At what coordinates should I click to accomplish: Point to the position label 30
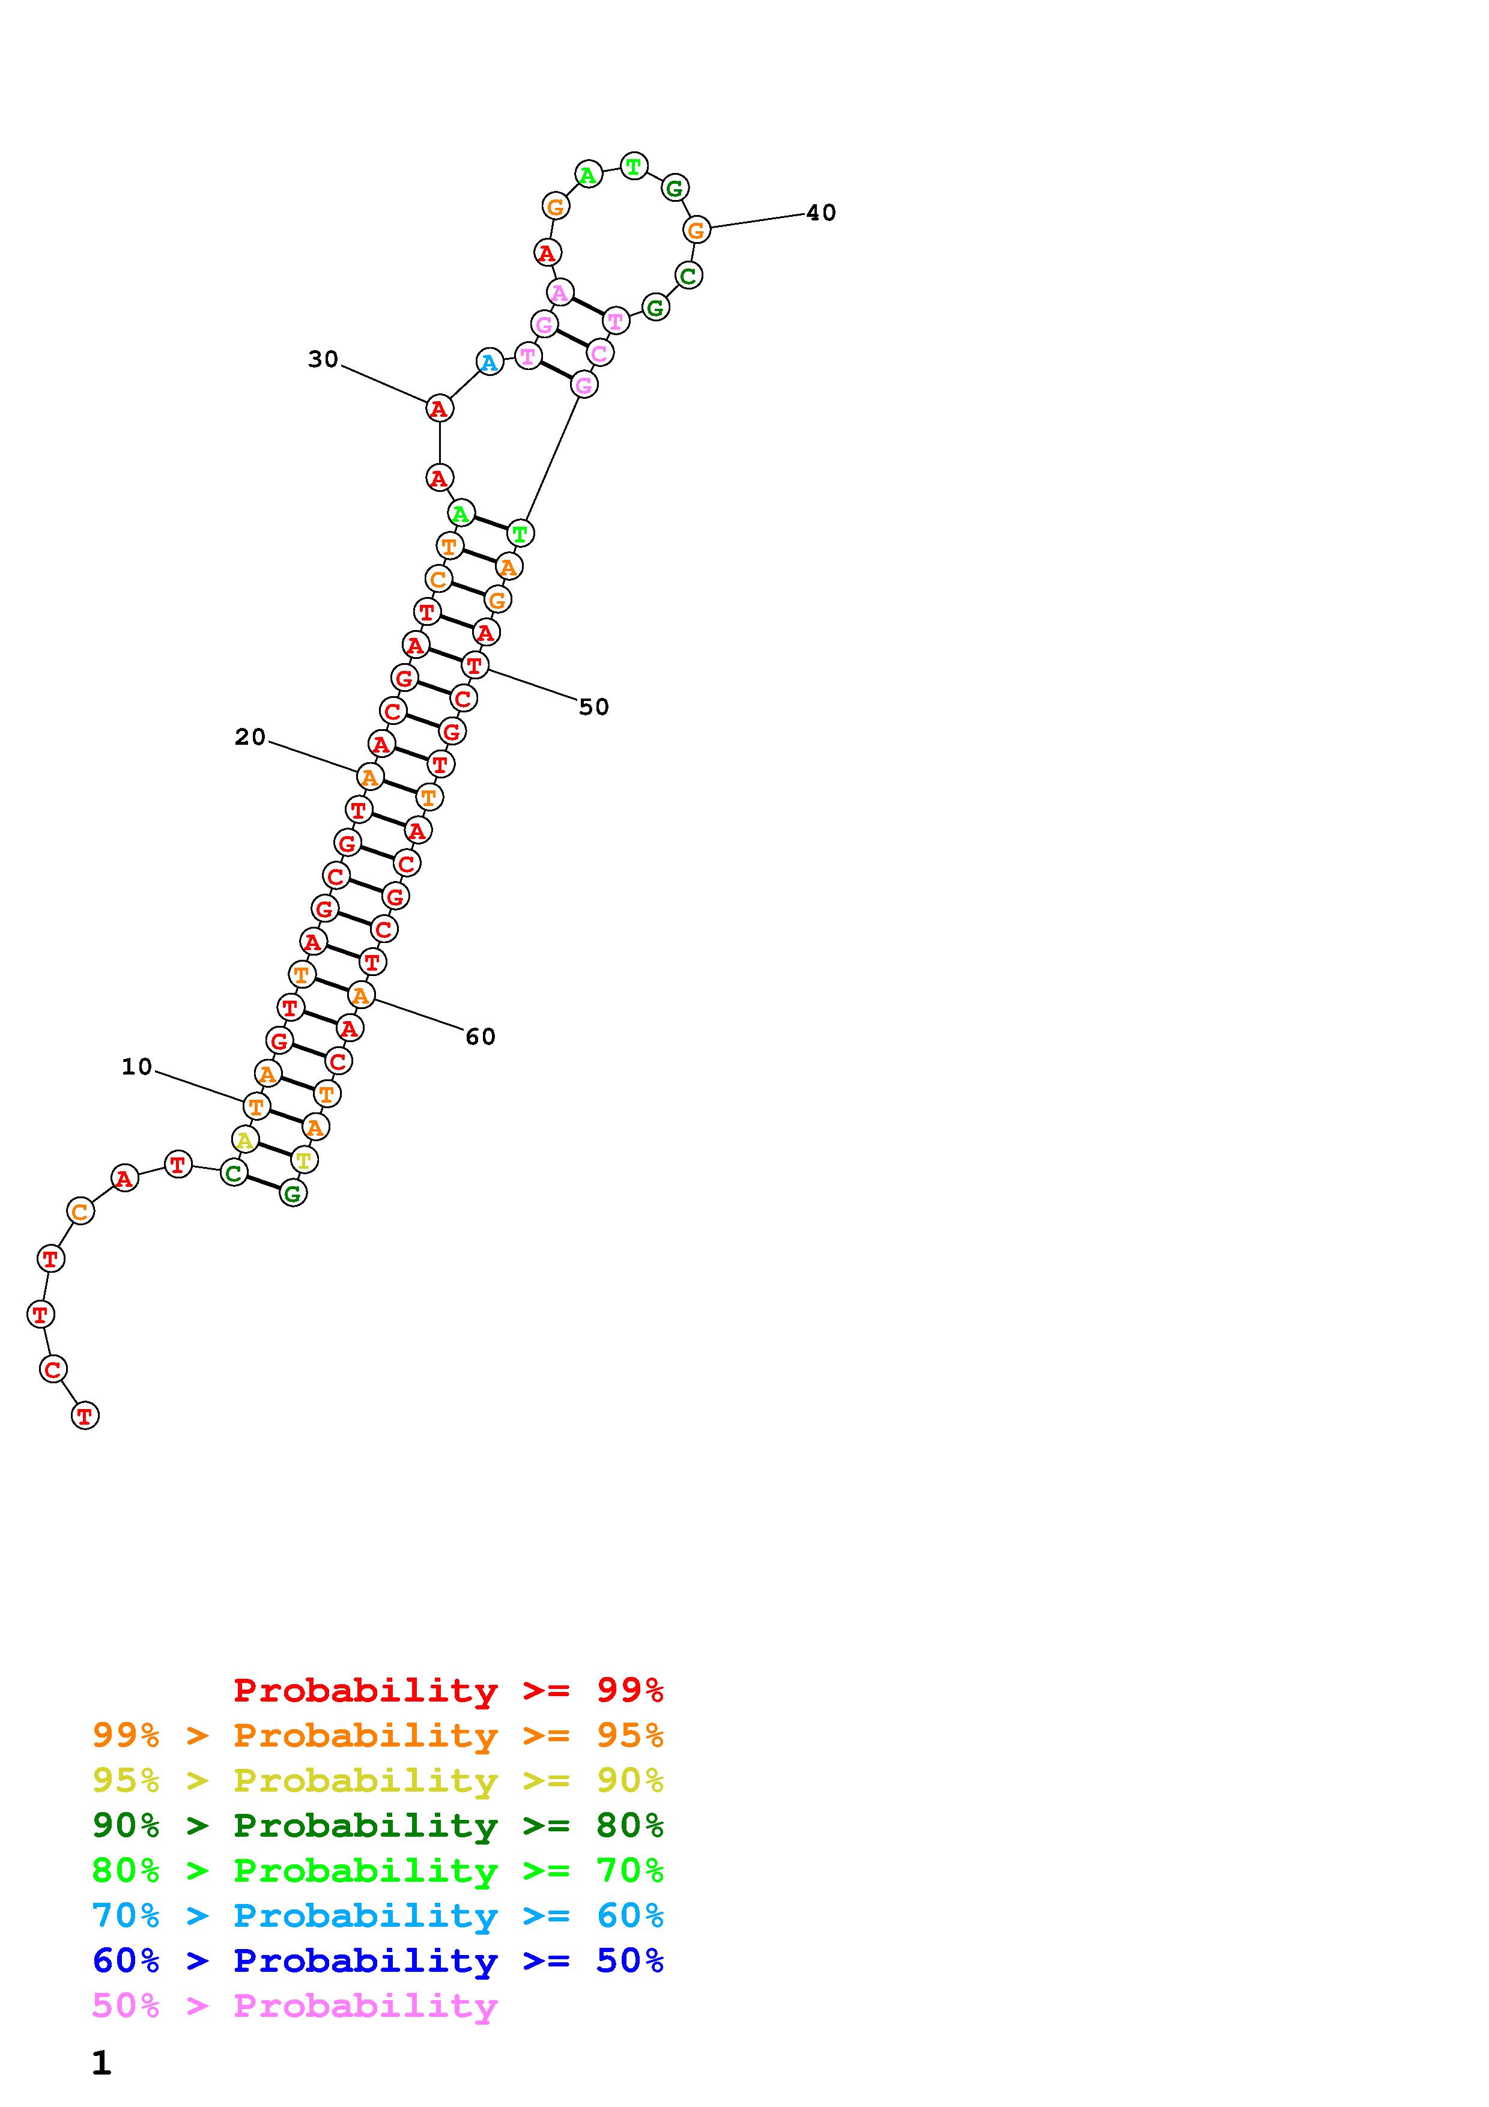click(x=323, y=360)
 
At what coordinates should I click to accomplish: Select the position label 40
click(x=821, y=213)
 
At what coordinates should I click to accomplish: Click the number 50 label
click(x=593, y=706)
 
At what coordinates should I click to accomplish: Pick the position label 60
click(x=480, y=1037)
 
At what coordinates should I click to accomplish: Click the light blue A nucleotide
click(x=490, y=363)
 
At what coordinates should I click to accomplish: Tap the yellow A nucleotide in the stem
click(x=244, y=1141)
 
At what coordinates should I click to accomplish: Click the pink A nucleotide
click(x=560, y=293)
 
